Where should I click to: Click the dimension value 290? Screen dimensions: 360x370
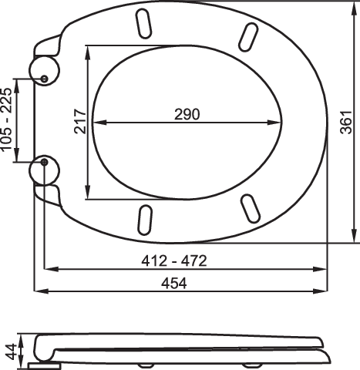click(187, 114)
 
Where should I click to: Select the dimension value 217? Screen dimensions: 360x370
click(80, 122)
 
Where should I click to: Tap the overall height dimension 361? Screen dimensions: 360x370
click(346, 123)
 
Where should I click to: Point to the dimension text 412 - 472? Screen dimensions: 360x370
click(174, 261)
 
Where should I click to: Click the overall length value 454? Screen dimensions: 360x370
click(174, 284)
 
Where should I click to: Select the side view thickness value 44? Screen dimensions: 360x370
click(12, 351)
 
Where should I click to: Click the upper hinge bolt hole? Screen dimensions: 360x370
click(45, 79)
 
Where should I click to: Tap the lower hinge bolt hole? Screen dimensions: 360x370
click(45, 162)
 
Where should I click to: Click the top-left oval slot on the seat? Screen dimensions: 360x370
click(143, 24)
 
